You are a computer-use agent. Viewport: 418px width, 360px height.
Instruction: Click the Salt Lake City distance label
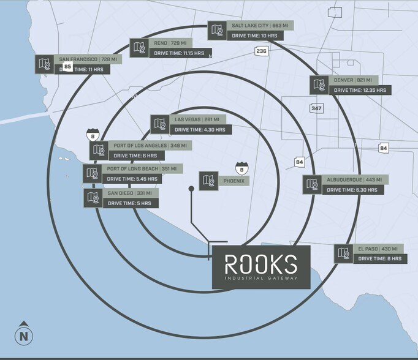tap(260, 26)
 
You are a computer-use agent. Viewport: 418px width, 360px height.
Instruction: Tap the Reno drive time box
tap(181, 53)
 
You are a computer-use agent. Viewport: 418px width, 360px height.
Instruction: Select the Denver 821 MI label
tap(353, 80)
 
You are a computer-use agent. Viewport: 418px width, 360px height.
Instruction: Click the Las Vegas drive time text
tap(200, 130)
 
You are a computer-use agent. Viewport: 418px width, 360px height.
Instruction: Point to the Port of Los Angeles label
tap(150, 145)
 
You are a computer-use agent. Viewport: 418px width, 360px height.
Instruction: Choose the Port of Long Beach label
tap(142, 168)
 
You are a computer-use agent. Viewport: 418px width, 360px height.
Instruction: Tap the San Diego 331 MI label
tap(130, 193)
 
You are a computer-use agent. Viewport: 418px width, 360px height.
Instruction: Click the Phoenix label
tap(234, 181)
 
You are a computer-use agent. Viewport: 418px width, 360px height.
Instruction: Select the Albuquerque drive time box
tap(353, 190)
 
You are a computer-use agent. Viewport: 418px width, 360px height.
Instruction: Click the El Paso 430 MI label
tap(378, 249)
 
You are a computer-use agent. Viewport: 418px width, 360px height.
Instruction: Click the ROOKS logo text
tap(261, 264)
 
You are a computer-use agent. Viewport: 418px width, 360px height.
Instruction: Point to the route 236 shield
tap(261, 51)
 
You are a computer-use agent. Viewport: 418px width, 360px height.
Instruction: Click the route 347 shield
tap(316, 108)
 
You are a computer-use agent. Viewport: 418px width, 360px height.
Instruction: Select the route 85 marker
tap(67, 66)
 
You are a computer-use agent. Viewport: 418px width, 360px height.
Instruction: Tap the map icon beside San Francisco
tap(45, 64)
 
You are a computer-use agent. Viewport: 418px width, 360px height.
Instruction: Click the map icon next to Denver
tap(319, 85)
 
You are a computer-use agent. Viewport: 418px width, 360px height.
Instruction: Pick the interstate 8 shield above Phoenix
tap(241, 169)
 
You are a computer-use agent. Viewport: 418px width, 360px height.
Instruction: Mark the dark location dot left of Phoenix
tap(191, 189)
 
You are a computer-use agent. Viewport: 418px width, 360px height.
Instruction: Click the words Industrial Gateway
tap(261, 278)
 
